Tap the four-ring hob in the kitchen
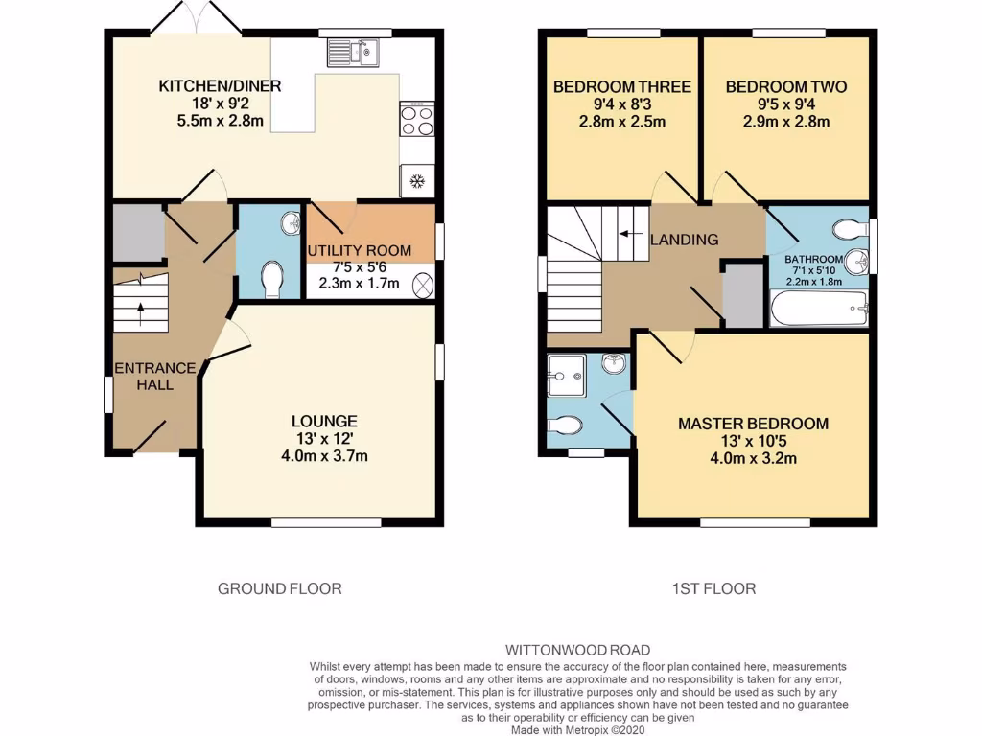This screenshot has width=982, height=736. coord(416,120)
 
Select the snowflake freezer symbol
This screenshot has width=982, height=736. coord(416,181)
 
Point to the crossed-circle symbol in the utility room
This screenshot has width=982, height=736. coord(422,285)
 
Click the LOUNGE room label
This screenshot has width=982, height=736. coord(325,421)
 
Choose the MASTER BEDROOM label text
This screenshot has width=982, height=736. coord(753,424)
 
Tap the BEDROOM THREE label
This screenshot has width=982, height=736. coord(621,87)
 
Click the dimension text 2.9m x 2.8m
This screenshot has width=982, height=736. coord(785,122)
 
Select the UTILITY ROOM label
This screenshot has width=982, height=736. coord(359,251)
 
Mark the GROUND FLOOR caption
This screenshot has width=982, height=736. coord(279,588)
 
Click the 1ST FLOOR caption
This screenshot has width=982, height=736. coord(713,588)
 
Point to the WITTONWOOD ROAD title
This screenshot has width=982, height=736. coord(577,650)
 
